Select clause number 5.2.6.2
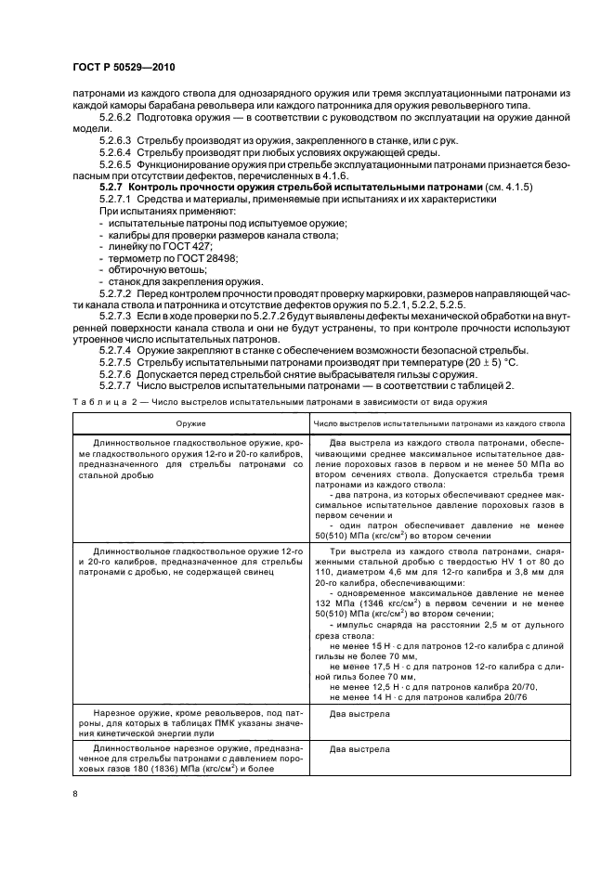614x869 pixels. click(117, 120)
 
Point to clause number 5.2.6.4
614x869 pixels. click(117, 150)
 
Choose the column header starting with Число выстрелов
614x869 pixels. click(439, 422)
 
